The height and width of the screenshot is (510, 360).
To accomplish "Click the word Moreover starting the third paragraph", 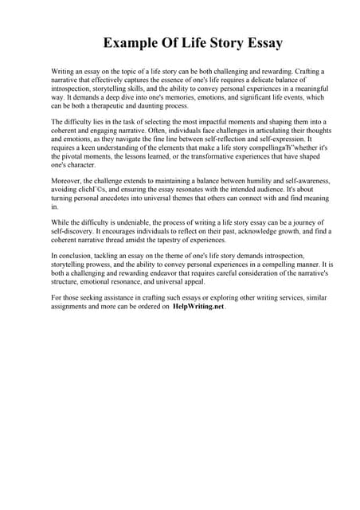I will [x=68, y=181].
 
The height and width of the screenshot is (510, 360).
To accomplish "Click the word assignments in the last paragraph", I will [x=72, y=306].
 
